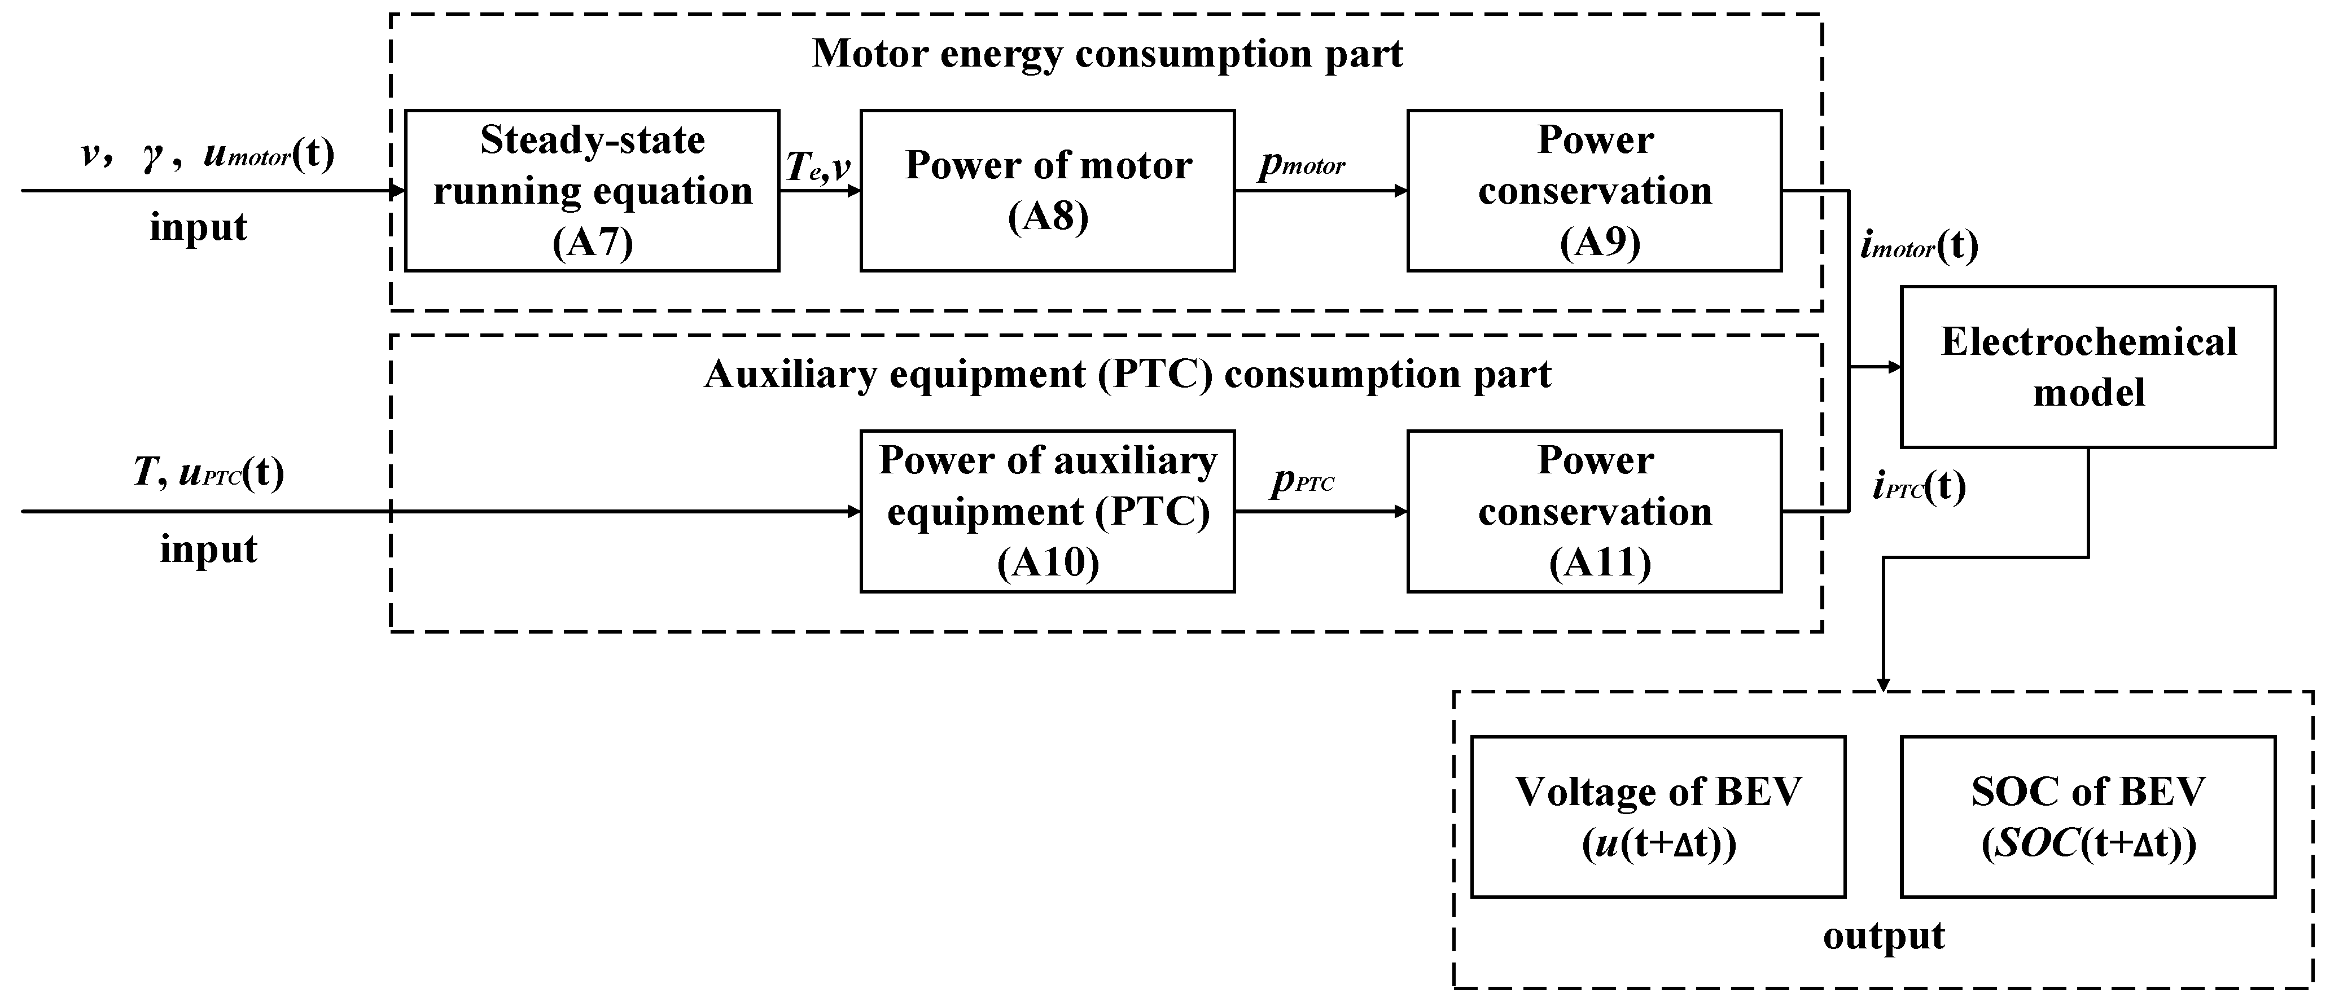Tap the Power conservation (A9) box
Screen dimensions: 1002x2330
click(x=1594, y=191)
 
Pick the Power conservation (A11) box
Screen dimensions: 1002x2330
click(x=1594, y=511)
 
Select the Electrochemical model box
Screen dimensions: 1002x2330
click(x=2088, y=367)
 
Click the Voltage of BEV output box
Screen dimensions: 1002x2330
click(x=1658, y=816)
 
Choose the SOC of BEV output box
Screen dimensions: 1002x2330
click(x=2088, y=816)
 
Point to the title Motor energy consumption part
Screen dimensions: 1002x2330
click(x=1107, y=54)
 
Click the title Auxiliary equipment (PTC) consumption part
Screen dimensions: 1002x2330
click(x=1127, y=373)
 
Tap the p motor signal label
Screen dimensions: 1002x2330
click(x=1303, y=163)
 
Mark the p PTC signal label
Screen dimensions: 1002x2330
click(x=1303, y=481)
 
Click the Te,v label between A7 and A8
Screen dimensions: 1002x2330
click(x=818, y=166)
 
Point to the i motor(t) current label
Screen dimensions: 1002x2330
click(x=1919, y=246)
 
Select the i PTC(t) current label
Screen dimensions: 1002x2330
click(x=1919, y=487)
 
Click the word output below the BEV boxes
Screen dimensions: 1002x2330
click(x=1883, y=936)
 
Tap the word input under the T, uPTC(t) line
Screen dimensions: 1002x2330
click(x=208, y=549)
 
